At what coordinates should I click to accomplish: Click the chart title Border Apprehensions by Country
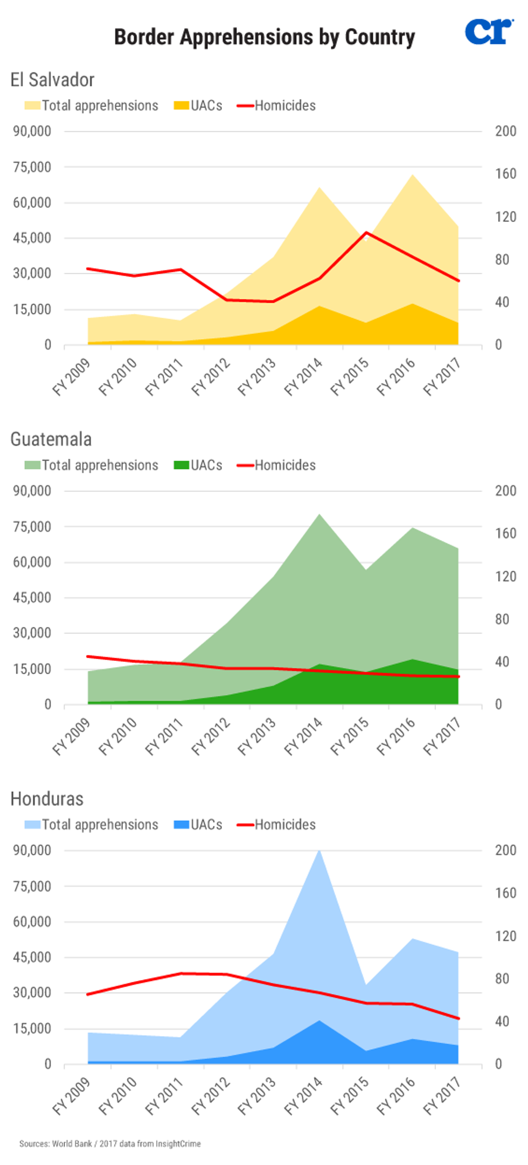265,37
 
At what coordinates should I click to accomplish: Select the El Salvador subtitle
52,80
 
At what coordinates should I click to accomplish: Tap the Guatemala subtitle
51,439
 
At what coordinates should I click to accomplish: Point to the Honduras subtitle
47,798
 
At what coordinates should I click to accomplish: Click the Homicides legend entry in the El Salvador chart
277,106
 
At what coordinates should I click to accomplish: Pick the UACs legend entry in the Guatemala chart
198,465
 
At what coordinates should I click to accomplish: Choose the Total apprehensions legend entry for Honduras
92,824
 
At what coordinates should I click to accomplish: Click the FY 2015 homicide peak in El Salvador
366,233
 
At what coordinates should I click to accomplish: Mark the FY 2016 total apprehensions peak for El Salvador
413,175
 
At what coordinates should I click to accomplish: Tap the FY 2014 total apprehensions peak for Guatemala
319,514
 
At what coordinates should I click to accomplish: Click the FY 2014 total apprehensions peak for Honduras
319,850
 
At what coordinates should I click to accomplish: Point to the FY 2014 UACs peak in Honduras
319,1020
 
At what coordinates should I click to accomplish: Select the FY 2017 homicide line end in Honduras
458,1018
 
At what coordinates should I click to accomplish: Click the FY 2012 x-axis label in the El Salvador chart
211,376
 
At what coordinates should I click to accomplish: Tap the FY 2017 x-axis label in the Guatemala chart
442,736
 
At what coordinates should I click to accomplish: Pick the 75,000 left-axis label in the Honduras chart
32,886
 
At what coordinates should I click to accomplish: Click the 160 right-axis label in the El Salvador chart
505,173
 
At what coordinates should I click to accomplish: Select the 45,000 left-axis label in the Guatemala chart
32,597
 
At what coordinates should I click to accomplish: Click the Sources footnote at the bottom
110,1143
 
